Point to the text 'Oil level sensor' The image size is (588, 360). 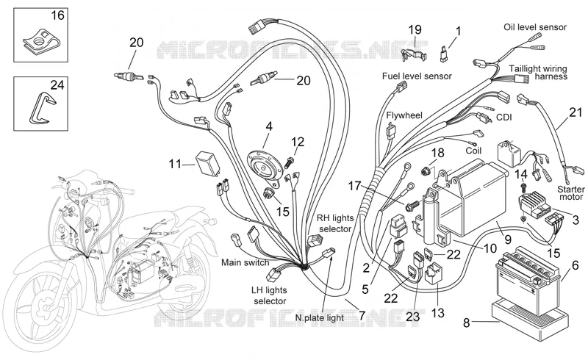coord(535,27)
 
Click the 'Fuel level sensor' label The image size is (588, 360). coord(417,76)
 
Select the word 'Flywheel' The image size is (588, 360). coord(404,115)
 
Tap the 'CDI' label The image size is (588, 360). coord(503,118)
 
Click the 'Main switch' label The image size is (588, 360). coord(245,262)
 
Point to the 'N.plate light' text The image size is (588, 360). coord(319,317)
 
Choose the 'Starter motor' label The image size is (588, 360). coord(571,193)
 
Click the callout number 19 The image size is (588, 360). coord(415,29)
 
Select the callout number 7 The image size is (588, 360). coord(362,315)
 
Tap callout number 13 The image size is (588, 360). coord(437,312)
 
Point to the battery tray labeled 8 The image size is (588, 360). coord(530,319)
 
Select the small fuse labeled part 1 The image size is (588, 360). coord(443,54)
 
